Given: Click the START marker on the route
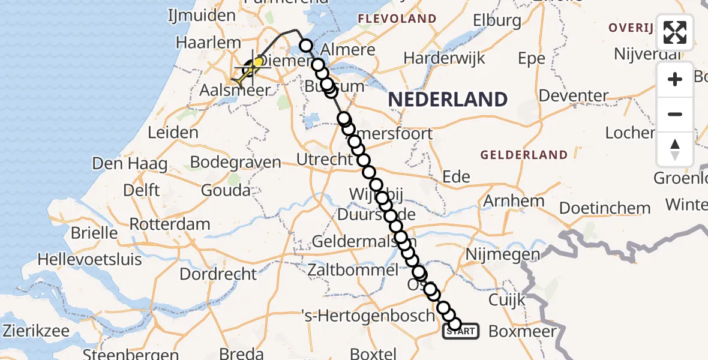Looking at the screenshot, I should (461, 331).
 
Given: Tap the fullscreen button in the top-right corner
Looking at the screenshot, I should (675, 32).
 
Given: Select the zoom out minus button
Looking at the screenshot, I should (675, 115).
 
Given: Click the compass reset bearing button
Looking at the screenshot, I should (675, 149).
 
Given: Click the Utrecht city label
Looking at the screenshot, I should (325, 160).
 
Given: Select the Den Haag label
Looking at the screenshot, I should (130, 163).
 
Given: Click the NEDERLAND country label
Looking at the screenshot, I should (448, 100).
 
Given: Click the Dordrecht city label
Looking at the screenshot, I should (218, 274).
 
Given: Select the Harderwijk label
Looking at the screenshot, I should (444, 59).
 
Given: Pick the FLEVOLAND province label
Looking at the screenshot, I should (397, 19).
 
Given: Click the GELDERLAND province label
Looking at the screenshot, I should (524, 155).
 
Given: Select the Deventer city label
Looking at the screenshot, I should (573, 95).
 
